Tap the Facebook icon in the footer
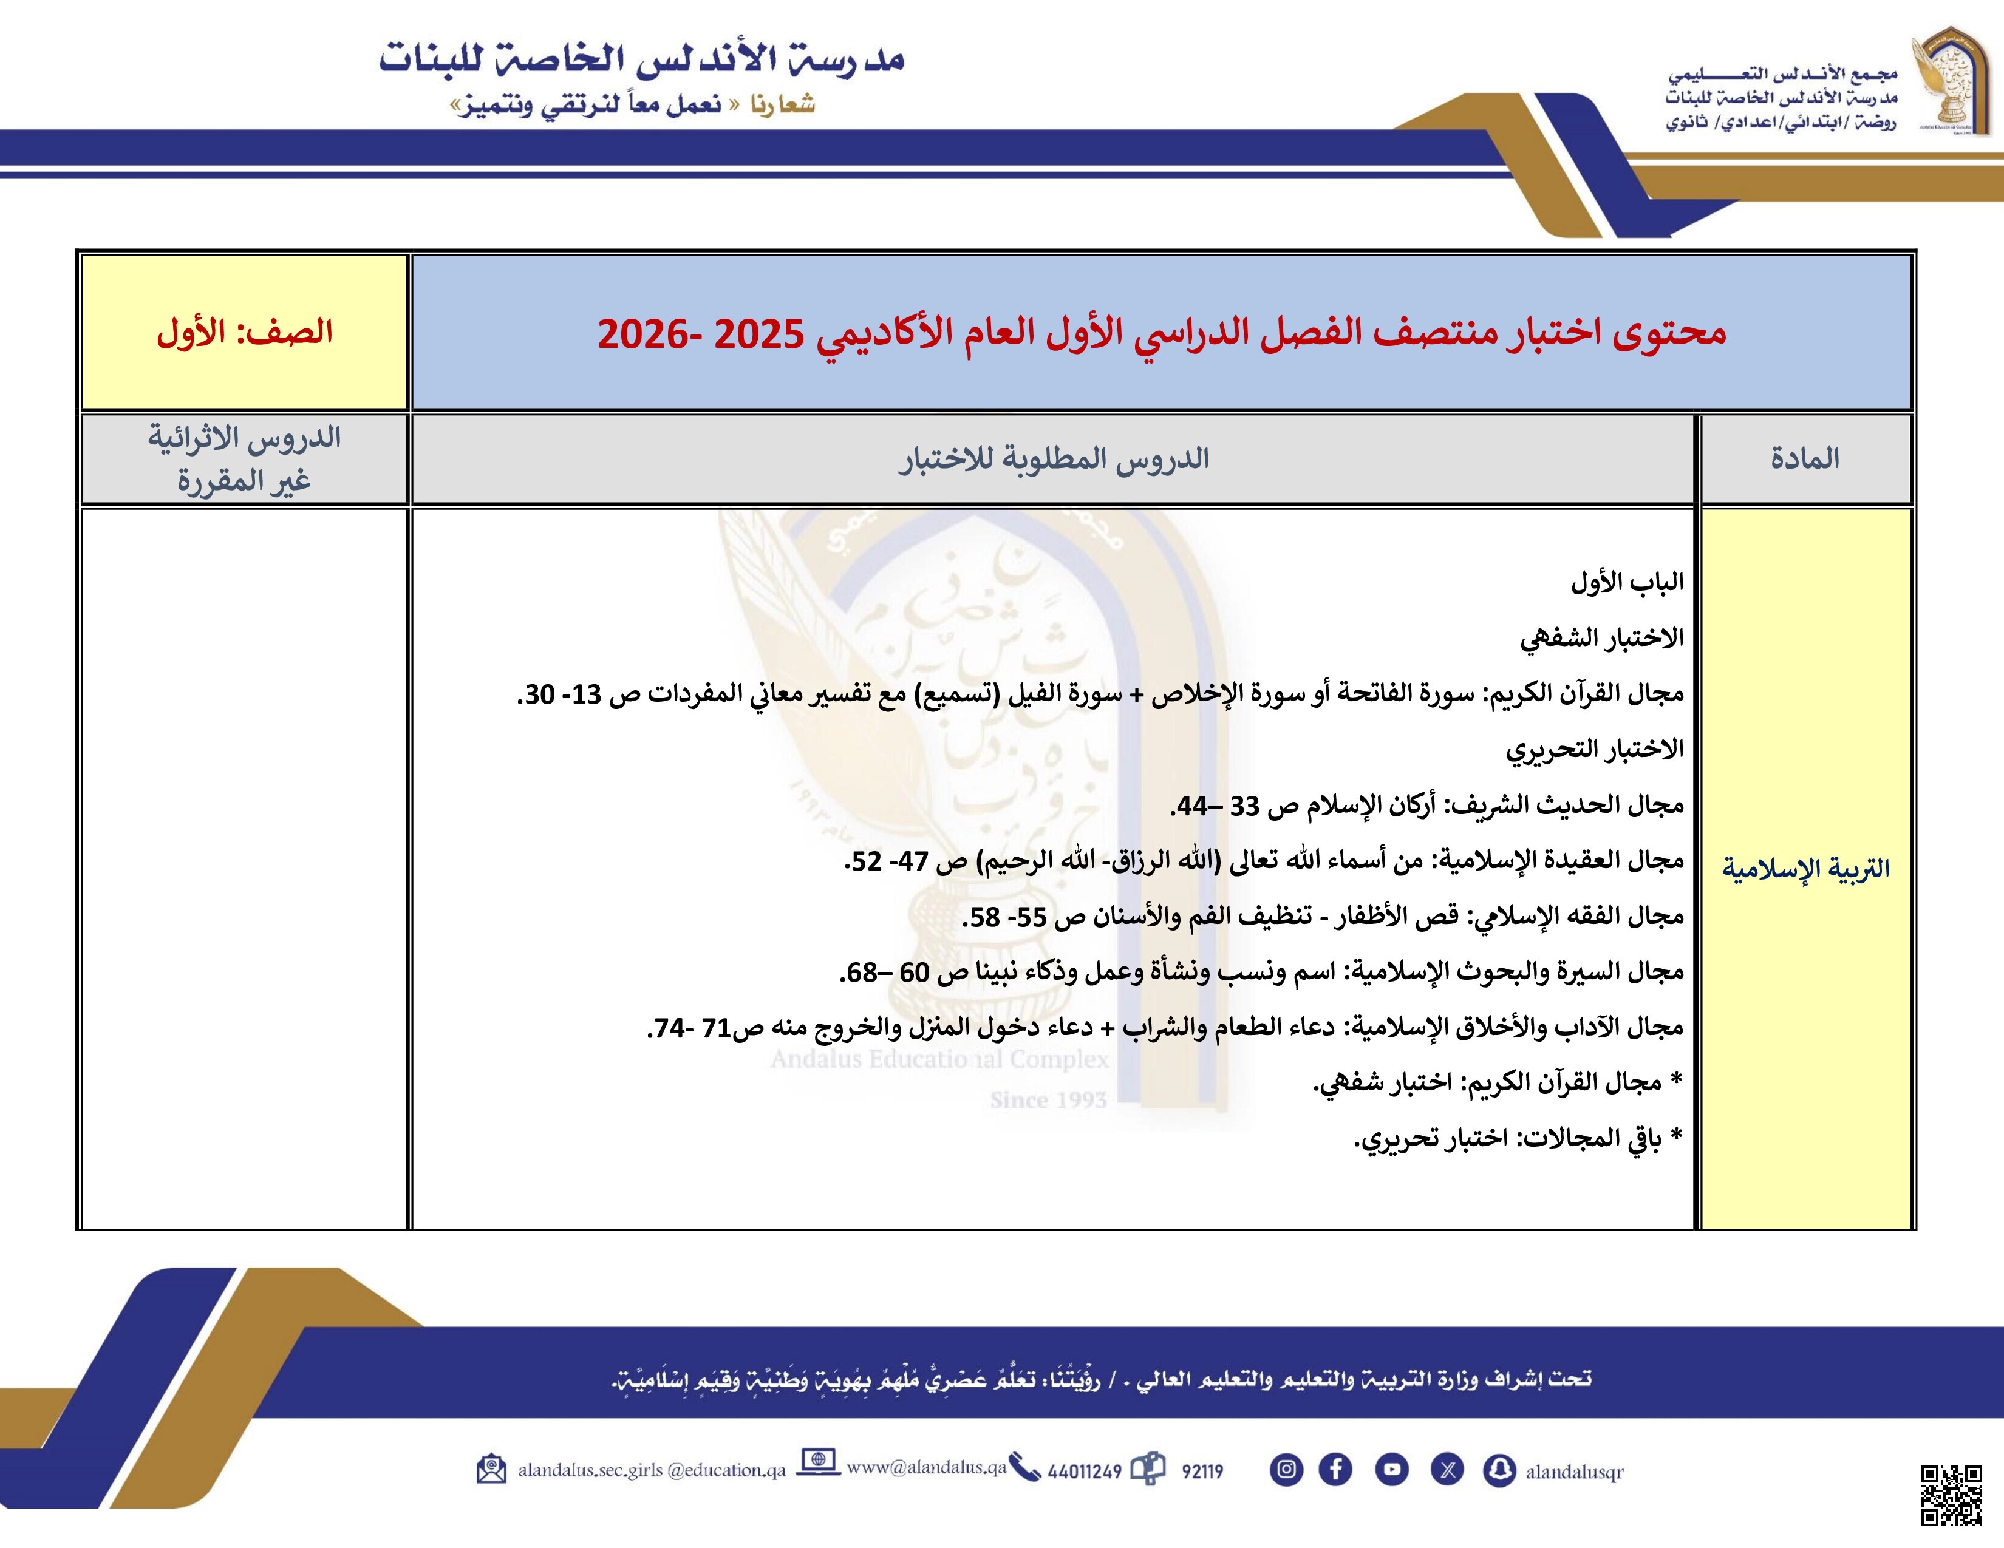point(1335,1469)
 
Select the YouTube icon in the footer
point(1391,1469)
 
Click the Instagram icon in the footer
point(1286,1469)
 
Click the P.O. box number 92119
point(1202,1471)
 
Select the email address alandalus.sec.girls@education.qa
point(652,1470)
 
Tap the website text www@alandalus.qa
point(926,1467)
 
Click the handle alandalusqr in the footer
point(1573,1471)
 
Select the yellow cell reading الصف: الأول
point(244,332)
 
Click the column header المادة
point(1805,458)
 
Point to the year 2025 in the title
point(759,334)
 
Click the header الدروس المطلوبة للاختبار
point(1054,458)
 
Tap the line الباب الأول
point(1627,582)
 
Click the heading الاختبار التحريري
point(1595,749)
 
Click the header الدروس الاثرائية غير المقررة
point(244,458)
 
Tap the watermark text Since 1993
point(1048,1099)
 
